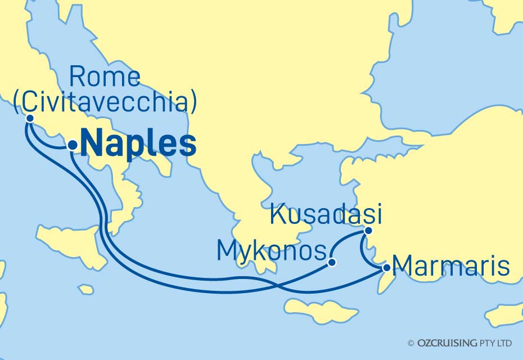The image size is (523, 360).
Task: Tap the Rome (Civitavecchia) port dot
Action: (29, 119)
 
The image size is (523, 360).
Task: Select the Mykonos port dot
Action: (332, 262)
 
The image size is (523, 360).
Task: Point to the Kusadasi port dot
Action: (368, 231)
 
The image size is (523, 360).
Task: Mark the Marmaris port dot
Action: (386, 269)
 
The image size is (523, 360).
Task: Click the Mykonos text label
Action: (272, 252)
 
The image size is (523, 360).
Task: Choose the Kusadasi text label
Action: (326, 214)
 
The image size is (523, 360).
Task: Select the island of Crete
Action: (321, 310)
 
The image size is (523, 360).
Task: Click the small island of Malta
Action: (85, 289)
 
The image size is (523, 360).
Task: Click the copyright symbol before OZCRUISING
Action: (411, 343)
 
